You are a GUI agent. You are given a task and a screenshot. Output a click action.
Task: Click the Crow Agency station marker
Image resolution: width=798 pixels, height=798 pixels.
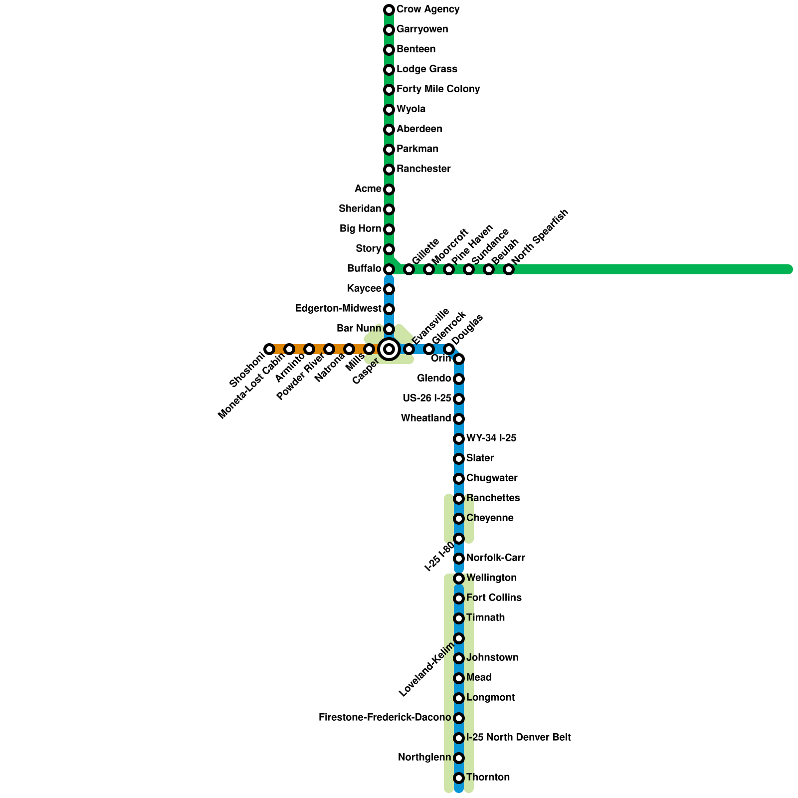pos(389,10)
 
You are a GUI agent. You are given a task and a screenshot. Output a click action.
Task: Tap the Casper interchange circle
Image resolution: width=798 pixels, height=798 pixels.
pos(389,349)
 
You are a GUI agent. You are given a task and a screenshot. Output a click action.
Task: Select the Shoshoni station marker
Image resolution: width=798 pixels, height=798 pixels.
pos(269,349)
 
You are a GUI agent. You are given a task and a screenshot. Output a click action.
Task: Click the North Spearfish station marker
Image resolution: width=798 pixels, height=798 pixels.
pos(509,269)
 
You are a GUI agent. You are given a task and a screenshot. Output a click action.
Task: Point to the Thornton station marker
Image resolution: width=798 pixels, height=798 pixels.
pos(459,778)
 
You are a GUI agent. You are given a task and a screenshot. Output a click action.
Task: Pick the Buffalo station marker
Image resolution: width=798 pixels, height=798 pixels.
pos(389,269)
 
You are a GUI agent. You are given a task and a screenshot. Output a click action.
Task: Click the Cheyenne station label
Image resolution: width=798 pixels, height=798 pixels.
pos(490,518)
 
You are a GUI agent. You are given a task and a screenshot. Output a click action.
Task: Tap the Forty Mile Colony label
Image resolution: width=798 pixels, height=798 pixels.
pos(438,89)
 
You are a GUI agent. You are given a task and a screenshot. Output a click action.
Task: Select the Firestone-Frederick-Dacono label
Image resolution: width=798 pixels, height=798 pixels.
pos(385,718)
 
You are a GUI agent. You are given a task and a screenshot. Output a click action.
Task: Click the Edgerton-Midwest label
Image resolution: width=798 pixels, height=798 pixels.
pos(338,309)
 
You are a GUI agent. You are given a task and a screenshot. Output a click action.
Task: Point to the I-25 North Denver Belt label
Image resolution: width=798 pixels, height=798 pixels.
pos(518,738)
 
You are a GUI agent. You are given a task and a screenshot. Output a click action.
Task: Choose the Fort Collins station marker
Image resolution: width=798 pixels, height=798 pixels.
pos(459,598)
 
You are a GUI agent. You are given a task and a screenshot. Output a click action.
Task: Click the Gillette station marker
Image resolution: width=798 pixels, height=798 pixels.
pos(409,269)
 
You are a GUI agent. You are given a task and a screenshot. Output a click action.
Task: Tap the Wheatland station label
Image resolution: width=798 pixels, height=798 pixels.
pos(426,418)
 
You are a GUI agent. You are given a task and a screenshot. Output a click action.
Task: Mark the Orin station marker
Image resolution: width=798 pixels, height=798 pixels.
pos(459,359)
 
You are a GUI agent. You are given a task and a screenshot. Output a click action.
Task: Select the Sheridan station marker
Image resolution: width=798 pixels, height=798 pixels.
pos(389,209)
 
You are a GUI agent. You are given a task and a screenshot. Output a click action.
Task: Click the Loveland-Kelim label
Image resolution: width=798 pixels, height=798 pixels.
pos(427,669)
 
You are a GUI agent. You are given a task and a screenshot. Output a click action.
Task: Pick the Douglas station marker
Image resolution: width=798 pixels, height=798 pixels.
pos(449,349)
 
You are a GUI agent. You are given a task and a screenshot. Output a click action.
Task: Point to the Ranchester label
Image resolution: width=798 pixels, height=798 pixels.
pos(423,169)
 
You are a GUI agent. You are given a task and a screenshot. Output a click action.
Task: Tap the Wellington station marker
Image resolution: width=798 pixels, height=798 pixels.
pos(459,579)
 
